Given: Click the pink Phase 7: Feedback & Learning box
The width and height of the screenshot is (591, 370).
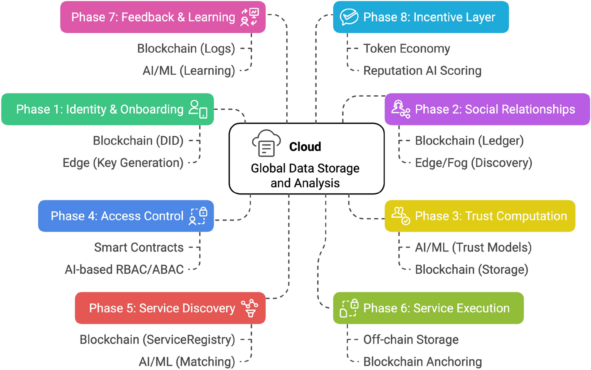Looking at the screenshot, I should click(x=163, y=17).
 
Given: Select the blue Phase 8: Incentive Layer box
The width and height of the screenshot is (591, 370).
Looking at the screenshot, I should click(x=421, y=17).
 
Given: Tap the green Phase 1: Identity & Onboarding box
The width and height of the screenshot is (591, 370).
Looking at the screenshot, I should click(x=107, y=109).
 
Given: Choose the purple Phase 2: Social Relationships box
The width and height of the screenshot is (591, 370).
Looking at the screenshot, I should click(x=487, y=109).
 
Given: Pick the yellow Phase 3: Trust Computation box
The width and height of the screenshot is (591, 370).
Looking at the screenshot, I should click(x=480, y=216).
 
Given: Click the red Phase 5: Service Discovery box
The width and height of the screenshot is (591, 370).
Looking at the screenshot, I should click(x=170, y=308).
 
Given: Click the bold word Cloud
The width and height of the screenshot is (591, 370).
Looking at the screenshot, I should click(x=305, y=147).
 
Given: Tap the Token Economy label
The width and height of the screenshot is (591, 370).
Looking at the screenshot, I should click(x=406, y=49).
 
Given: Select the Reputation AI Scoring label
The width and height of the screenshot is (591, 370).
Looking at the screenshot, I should click(x=422, y=71).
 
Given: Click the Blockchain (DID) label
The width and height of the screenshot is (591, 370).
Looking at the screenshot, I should click(x=138, y=141).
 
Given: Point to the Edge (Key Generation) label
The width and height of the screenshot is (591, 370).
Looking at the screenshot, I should click(x=123, y=163).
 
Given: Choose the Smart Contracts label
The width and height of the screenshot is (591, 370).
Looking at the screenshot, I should click(x=139, y=248).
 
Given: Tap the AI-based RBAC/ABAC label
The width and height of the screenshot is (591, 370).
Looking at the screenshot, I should click(x=124, y=270).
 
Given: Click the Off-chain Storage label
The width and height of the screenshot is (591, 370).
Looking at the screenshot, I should click(x=411, y=340).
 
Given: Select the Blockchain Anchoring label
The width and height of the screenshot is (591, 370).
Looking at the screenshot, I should click(x=422, y=362).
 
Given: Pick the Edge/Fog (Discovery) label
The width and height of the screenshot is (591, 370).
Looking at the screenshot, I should click(x=473, y=163).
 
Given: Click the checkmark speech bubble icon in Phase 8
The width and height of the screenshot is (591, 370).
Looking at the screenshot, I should click(x=349, y=17).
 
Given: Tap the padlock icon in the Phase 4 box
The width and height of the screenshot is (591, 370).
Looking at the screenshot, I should click(x=203, y=212).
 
